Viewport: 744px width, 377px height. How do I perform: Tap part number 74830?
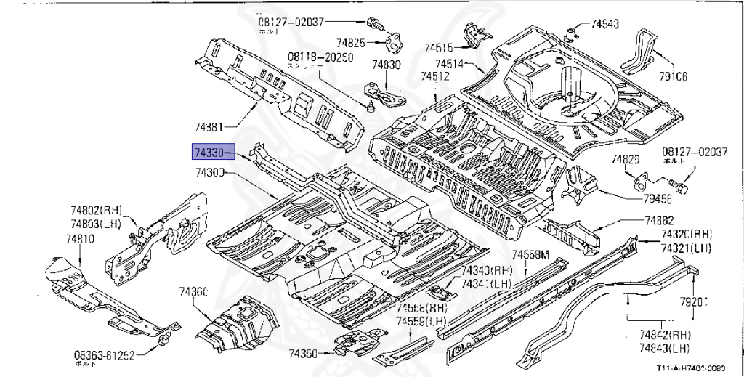[x=387, y=65]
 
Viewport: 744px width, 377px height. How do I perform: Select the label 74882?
[x=659, y=221]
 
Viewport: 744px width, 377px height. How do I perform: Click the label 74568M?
[x=530, y=254]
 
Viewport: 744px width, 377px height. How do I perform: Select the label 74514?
[x=450, y=63]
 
